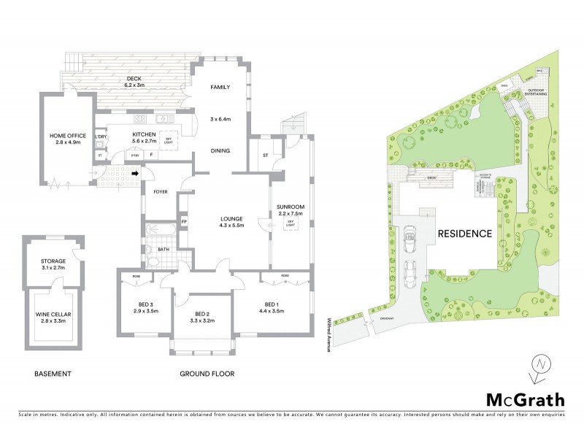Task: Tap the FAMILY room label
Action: [x=220, y=87]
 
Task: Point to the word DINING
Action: [x=220, y=151]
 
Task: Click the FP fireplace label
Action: [x=184, y=221]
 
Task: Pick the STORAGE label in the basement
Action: [x=53, y=261]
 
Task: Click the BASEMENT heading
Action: [x=53, y=374]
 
